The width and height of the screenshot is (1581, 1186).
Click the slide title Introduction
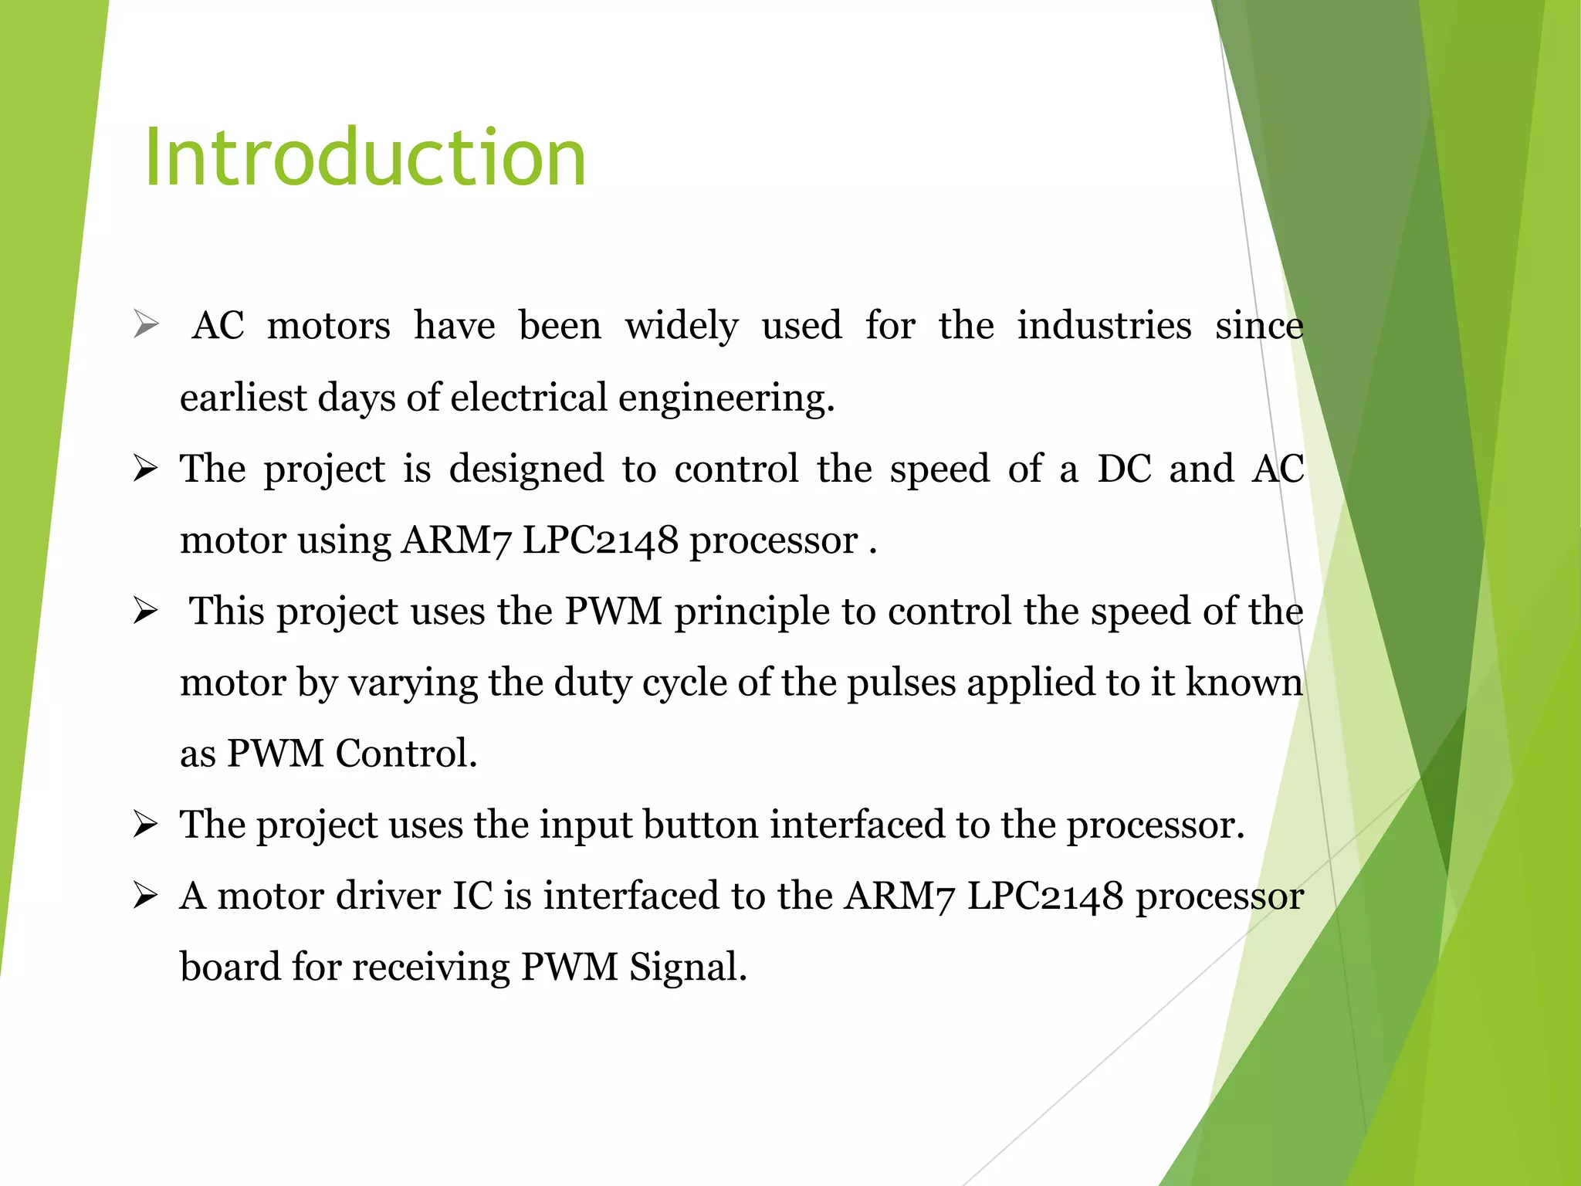[365, 158]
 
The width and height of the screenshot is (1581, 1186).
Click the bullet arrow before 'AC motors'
[146, 324]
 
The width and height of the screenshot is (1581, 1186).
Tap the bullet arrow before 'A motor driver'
[145, 896]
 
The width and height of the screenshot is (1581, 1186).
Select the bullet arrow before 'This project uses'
[145, 611]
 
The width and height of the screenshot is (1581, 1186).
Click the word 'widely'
[682, 326]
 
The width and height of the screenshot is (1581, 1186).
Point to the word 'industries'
[1104, 325]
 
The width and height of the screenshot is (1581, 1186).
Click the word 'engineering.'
[726, 398]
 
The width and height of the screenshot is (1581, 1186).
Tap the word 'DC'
[1125, 469]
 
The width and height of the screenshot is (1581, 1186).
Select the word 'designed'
[526, 469]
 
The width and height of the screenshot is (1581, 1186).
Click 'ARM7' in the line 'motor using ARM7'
[456, 540]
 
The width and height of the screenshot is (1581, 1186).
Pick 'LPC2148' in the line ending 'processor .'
[601, 540]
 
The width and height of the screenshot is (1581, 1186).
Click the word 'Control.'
[406, 754]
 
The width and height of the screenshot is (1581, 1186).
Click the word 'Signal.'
[688, 967]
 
